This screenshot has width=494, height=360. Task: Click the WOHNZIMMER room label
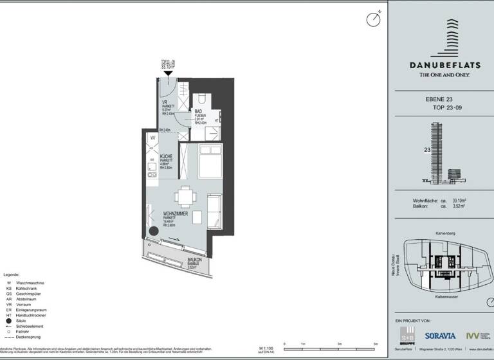(176, 213)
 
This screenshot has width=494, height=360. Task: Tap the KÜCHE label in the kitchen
(165, 157)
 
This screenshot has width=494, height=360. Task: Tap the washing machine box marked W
(153, 138)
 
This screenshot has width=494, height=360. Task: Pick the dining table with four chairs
(186, 195)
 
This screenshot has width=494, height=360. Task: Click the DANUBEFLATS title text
(444, 64)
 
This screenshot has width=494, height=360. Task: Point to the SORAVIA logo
(441, 336)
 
